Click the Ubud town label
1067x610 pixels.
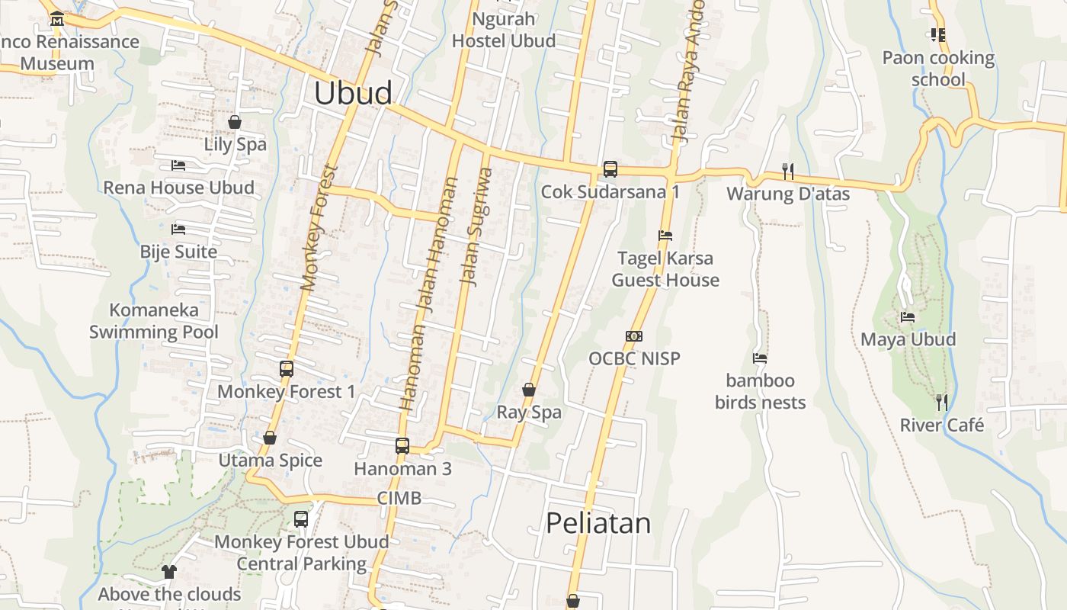(x=353, y=93)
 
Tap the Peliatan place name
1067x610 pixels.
(x=598, y=523)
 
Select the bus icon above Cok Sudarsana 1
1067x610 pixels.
(x=610, y=169)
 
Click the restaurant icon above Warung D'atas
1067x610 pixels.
(x=788, y=172)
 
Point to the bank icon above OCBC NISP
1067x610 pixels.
(x=633, y=336)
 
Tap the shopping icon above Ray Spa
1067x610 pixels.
(x=529, y=390)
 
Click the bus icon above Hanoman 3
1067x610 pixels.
(x=402, y=446)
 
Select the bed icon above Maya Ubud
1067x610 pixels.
(x=908, y=317)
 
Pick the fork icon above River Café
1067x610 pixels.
(x=942, y=402)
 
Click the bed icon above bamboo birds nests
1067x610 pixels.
(x=760, y=358)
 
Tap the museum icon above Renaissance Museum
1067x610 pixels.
(x=56, y=18)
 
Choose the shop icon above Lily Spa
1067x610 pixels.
(x=235, y=122)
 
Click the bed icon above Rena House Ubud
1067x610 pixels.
(x=178, y=165)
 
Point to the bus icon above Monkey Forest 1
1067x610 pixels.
(x=287, y=369)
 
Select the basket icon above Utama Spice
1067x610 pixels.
(x=270, y=438)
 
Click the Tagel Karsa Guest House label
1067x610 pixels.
(x=665, y=269)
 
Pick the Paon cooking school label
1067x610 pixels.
(x=938, y=69)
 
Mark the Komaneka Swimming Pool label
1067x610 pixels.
(x=154, y=321)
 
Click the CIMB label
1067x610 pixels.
(x=399, y=498)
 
